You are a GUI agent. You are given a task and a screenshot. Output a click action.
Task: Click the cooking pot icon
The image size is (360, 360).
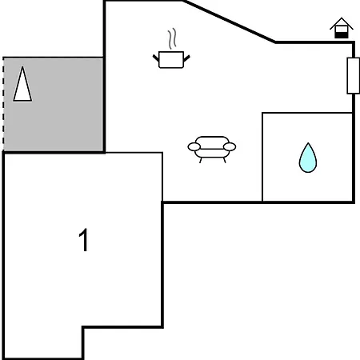tap(171, 59)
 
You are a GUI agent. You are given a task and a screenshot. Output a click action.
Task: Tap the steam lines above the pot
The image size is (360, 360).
tap(172, 38)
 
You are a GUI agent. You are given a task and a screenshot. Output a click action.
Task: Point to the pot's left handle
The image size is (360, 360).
tap(156, 58)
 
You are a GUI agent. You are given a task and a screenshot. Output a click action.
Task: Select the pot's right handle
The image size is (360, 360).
tap(186, 58)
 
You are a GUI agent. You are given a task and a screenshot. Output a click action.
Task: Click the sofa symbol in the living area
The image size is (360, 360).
tap(212, 149)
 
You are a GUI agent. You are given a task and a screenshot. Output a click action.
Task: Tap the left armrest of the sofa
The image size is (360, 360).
tap(194, 146)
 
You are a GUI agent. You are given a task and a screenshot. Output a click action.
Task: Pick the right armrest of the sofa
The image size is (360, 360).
tap(230, 146)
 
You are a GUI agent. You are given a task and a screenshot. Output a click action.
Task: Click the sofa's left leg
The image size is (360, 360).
tap(201, 160)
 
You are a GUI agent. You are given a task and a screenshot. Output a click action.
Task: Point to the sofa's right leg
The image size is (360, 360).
tap(225, 160)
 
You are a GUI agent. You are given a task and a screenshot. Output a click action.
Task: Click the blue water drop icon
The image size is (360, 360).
tap(308, 158)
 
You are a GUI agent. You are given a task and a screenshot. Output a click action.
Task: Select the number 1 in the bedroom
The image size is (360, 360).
tap(83, 240)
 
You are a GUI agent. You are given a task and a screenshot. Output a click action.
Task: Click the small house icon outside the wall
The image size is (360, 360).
tap(342, 28)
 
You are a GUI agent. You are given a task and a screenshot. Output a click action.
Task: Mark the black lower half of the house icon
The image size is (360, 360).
tap(342, 34)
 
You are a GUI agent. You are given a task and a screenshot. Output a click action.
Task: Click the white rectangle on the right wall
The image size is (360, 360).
tap(354, 76)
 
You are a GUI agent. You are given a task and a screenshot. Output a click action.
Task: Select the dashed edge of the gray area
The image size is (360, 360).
tap(3, 104)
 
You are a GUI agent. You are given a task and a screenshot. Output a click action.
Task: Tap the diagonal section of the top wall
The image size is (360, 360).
tap(230, 22)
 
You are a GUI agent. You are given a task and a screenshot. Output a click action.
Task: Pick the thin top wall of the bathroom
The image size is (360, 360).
tap(307, 113)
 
